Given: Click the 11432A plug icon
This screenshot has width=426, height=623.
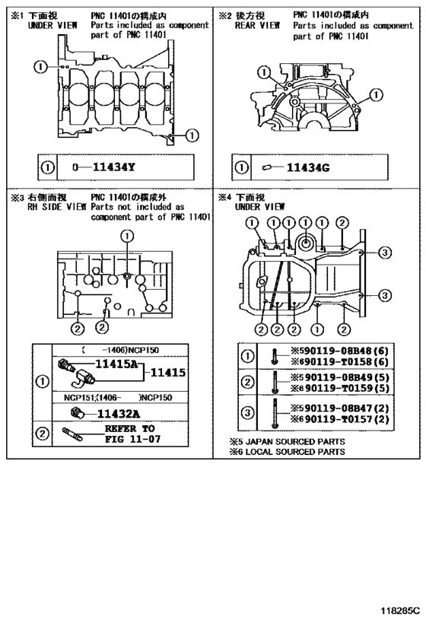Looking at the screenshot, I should pos(76,413).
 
